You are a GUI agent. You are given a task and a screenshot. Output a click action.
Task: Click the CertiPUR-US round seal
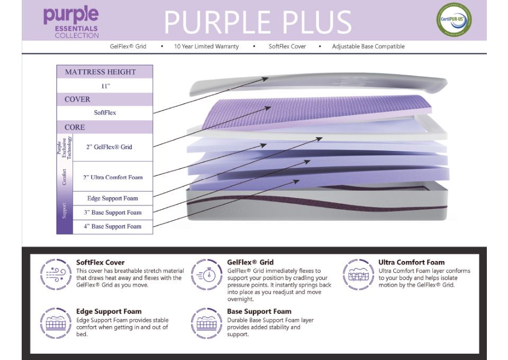tap(453, 20)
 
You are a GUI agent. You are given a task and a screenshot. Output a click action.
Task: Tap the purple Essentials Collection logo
tap(71, 23)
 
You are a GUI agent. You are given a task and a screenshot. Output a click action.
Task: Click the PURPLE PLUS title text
tap(258, 23)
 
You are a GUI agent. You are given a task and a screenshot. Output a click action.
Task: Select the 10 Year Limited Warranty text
tap(206, 47)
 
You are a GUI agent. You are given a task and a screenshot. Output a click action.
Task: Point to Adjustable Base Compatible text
tap(368, 47)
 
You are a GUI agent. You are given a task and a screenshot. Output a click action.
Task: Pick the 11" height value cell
tap(105, 86)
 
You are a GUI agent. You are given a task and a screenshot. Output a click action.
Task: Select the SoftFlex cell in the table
tap(105, 113)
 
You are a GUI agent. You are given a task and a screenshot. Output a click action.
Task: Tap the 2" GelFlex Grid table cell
tap(112, 147)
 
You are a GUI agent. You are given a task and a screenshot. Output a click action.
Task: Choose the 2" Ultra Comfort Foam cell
tap(112, 177)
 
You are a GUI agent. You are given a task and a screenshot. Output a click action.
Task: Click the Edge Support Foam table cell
tap(112, 199)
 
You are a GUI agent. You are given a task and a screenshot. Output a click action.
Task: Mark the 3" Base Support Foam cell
tap(112, 212)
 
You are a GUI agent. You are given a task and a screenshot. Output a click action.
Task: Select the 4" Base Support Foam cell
tap(112, 227)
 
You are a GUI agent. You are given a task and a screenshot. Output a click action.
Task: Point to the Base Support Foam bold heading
tap(259, 311)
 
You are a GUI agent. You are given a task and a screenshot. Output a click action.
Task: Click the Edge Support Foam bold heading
tap(108, 311)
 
